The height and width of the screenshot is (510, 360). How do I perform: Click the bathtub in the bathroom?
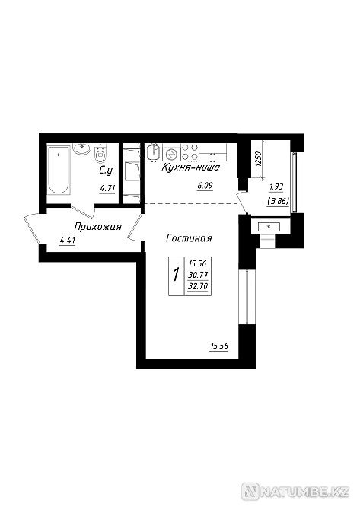(59, 170)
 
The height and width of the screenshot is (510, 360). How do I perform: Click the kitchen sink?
(153, 152)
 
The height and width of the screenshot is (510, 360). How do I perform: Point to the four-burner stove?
(190, 152)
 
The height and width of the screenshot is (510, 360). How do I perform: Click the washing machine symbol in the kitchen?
(171, 153)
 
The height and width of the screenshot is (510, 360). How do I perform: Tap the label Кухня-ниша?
(190, 167)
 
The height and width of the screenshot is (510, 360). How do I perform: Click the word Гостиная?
(189, 238)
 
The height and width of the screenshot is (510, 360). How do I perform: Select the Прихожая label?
(98, 227)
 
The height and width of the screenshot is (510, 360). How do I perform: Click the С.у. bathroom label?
(107, 171)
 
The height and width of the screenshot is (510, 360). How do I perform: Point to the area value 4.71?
(107, 188)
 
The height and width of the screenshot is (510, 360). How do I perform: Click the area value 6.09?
(205, 186)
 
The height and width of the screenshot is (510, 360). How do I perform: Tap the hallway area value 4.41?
(68, 241)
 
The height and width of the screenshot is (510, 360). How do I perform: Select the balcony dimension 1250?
(258, 159)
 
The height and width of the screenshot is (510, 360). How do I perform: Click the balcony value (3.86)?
(278, 201)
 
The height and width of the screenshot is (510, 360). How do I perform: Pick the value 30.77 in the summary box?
(198, 275)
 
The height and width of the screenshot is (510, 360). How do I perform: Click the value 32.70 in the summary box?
(198, 286)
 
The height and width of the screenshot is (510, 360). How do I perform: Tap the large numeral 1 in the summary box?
(177, 275)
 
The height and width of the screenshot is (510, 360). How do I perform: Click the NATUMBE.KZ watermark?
(295, 492)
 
